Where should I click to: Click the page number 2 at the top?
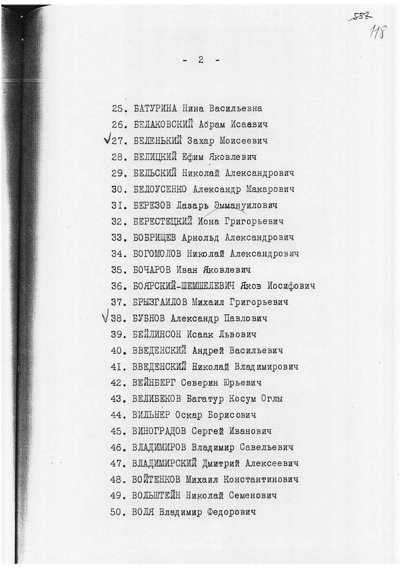pos(200,60)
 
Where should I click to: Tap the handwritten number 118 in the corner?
pos(377,32)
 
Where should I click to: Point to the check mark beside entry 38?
pos(106,317)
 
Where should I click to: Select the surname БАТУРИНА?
pos(155,108)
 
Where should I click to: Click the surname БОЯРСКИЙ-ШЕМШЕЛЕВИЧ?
pos(184,286)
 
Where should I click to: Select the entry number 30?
pos(117,190)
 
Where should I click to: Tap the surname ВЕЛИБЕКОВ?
pos(156,399)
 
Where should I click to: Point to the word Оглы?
pos(272,399)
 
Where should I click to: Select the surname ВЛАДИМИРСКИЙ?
pos(164,464)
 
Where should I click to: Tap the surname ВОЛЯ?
pos(143,513)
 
